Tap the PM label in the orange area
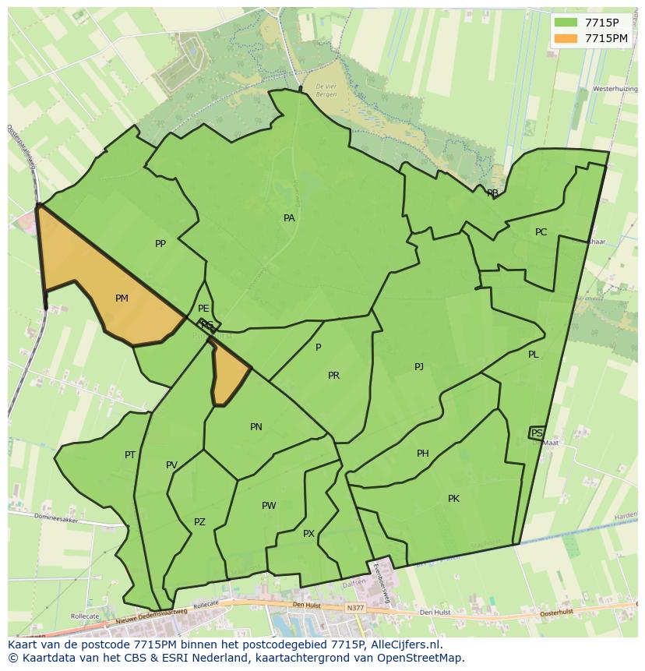[x=122, y=298]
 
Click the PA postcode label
[x=289, y=218]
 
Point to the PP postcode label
[x=160, y=244]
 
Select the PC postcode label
[x=541, y=232]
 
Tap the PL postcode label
[x=533, y=355]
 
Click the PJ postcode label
[x=419, y=366]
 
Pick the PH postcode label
[x=422, y=454]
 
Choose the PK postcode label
[x=453, y=499]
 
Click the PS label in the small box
[x=537, y=433]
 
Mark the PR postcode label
[x=333, y=376]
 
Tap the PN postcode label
[x=256, y=427]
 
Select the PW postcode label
[x=269, y=506]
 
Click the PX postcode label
[x=308, y=534]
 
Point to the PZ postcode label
[x=199, y=522]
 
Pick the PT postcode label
[x=130, y=455]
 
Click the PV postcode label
[x=171, y=466]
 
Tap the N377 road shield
[x=356, y=608]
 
